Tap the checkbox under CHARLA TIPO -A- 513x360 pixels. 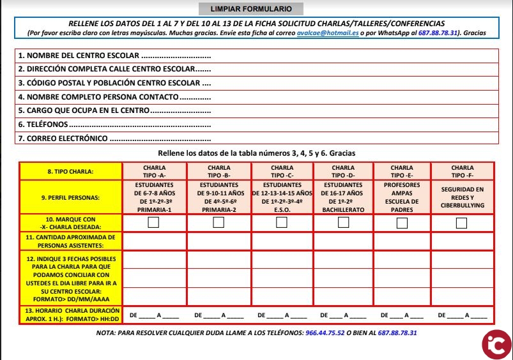154,222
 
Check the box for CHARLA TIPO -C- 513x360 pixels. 282,222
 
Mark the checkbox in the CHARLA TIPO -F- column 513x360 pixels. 462,223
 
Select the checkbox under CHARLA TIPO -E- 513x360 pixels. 402,223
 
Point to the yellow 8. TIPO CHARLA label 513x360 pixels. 70,172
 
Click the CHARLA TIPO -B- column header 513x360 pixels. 218,172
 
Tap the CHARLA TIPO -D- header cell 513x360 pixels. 343,172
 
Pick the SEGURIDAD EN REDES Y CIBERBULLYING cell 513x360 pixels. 463,197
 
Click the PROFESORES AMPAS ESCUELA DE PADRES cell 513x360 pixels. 401,197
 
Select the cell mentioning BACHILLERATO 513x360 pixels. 343,197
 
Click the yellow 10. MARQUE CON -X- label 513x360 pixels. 70,223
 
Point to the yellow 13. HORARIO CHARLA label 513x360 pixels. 70,313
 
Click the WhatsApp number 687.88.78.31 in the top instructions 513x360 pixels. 440,33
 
